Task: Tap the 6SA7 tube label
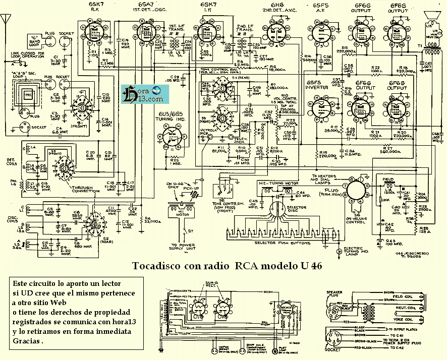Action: [x=145, y=5]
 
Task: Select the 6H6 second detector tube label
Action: [x=275, y=5]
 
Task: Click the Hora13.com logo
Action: [x=139, y=95]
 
